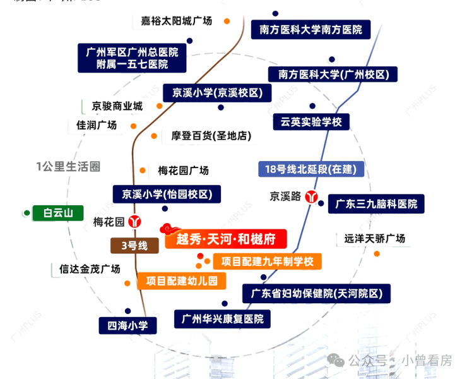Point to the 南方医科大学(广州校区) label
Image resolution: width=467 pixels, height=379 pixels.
[333, 75]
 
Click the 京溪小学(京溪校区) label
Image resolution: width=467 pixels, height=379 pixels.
[213, 93]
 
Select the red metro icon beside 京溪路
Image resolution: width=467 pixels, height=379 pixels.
[311, 196]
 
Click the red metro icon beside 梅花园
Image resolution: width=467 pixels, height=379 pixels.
[134, 222]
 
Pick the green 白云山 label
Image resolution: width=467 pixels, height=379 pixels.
[58, 213]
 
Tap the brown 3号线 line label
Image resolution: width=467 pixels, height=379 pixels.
[133, 246]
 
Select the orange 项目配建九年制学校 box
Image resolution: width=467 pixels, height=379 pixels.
[267, 261]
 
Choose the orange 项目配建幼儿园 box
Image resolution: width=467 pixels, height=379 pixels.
[181, 281]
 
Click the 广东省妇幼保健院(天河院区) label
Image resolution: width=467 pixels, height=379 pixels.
[317, 294]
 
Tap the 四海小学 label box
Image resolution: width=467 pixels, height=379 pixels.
[127, 326]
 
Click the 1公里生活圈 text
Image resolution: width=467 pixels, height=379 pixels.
[68, 167]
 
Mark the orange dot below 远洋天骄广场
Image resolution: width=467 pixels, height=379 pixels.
[377, 254]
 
